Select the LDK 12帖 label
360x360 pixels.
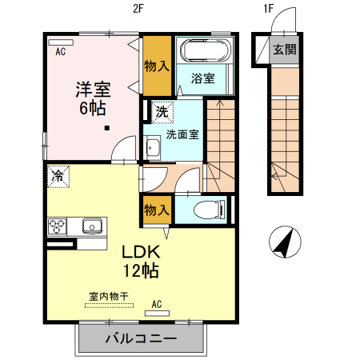[140, 260]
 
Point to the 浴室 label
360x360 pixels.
[203, 78]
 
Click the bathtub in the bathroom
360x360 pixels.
[206, 53]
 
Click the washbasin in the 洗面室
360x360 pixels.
[153, 147]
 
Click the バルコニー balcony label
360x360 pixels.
[141, 339]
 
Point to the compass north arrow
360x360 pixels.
[283, 242]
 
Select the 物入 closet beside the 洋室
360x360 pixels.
[157, 65]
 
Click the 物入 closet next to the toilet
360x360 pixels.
[157, 209]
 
